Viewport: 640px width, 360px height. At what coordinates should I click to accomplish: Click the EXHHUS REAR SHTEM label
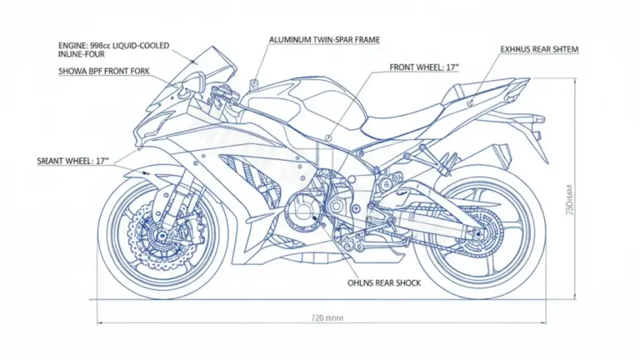(x=540, y=50)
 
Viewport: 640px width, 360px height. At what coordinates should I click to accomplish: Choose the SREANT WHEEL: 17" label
(x=73, y=160)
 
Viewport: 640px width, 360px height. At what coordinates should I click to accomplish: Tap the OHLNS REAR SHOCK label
(x=383, y=283)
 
